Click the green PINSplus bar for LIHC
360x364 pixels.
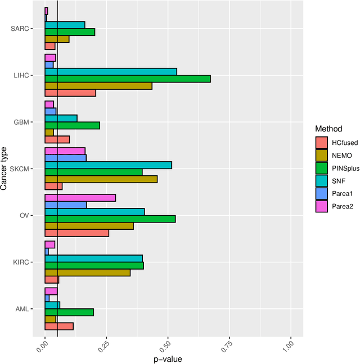click(x=128, y=79)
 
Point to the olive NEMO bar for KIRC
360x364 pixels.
click(x=87, y=272)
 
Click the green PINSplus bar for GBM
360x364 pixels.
click(x=72, y=125)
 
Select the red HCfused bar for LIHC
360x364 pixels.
click(x=70, y=93)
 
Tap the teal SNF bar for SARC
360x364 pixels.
click(x=65, y=25)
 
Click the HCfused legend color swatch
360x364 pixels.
click(x=321, y=142)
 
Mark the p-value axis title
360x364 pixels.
click(x=168, y=358)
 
